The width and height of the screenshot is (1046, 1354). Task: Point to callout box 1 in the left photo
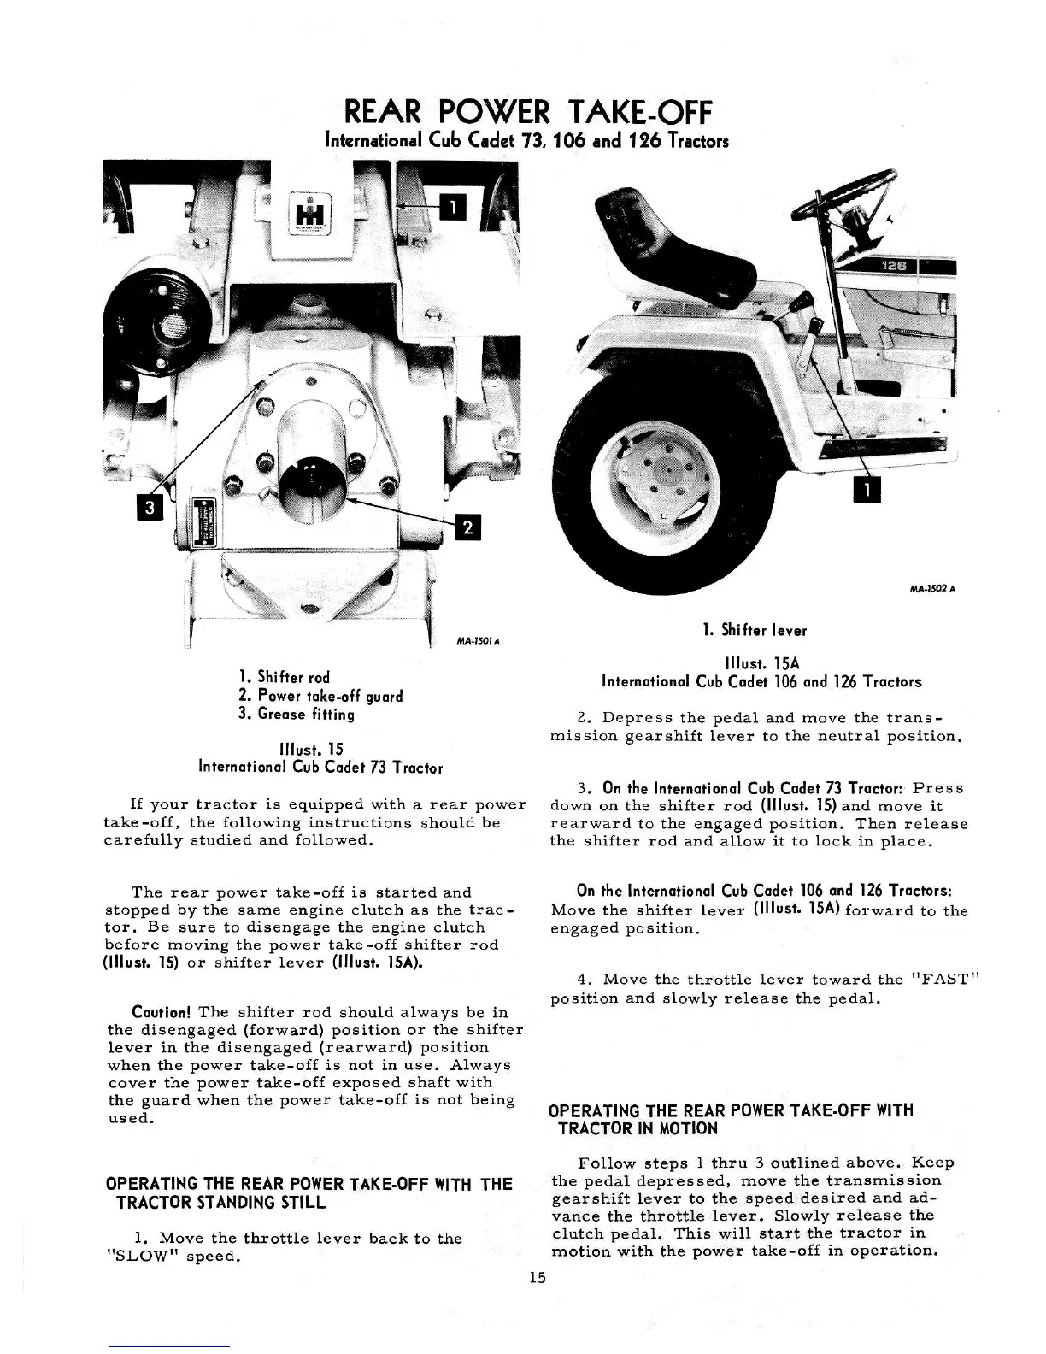point(453,206)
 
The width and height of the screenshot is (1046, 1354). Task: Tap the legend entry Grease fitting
point(297,714)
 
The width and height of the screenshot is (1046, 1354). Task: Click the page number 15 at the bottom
point(537,1278)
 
